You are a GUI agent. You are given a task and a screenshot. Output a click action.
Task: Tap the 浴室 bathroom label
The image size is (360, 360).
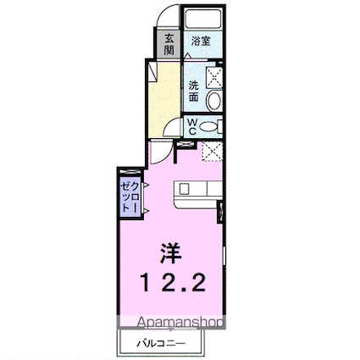click(200, 41)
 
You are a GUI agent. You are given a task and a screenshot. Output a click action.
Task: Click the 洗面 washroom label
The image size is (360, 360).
click(194, 91)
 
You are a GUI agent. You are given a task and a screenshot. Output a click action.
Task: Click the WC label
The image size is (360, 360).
click(192, 126)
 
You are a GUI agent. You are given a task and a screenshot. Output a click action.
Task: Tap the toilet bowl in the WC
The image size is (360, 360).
click(213, 127)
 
